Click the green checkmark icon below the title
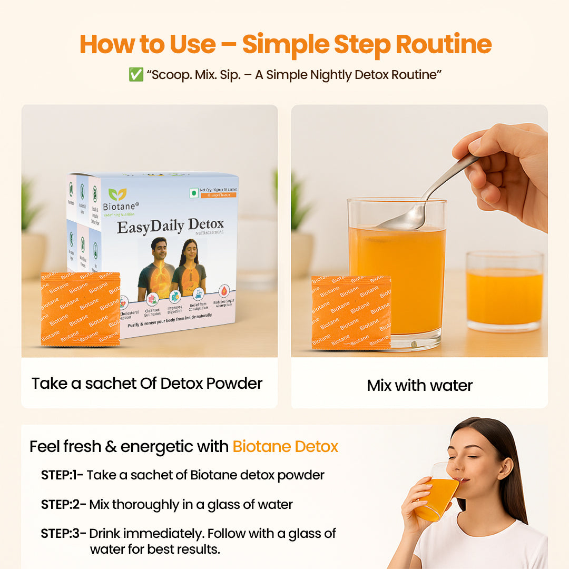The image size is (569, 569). (135, 75)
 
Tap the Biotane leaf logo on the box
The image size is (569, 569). (117, 194)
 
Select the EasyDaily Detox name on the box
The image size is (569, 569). (170, 227)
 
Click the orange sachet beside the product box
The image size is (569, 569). (81, 309)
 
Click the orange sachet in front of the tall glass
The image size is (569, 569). (351, 312)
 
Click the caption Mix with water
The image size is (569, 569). (419, 385)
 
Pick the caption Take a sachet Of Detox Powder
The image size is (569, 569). (147, 383)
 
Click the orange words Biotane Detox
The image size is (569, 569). (285, 447)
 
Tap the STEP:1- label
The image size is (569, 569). (62, 475)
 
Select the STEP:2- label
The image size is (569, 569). (63, 504)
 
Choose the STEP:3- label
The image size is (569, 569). (63, 533)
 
